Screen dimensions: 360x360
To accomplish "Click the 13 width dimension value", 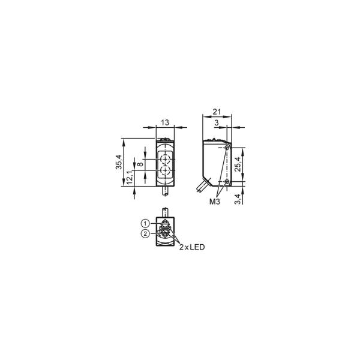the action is click(x=165, y=122).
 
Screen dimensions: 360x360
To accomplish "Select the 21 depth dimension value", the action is click(x=217, y=112).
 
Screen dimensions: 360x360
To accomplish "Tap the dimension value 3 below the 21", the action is click(x=217, y=123).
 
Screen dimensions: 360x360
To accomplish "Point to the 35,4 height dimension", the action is click(x=119, y=162).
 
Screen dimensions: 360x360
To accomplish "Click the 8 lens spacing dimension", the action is click(x=140, y=164).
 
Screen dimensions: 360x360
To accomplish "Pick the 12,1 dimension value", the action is click(x=130, y=177).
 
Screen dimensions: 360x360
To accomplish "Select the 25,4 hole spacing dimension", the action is click(x=238, y=164).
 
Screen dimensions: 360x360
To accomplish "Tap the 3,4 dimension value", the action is click(x=238, y=199).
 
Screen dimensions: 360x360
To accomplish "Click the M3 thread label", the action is click(x=215, y=202).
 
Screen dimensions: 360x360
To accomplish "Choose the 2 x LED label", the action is click(x=192, y=247).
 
